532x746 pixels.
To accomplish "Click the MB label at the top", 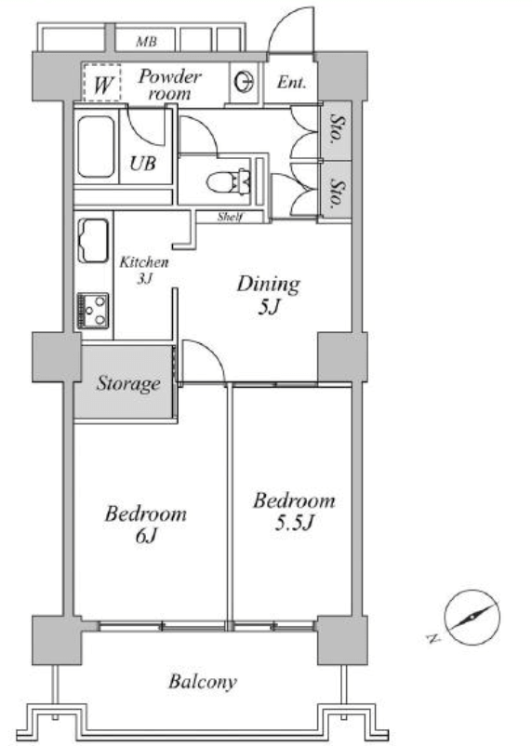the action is (x=146, y=41).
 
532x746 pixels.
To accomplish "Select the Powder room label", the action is (x=170, y=85).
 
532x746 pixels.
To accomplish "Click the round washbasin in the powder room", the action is (x=245, y=81).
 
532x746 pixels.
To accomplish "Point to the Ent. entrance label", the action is (x=291, y=82).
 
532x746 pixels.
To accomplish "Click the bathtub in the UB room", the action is (x=96, y=147).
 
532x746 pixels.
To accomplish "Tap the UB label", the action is (x=142, y=163).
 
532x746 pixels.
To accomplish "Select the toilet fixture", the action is (x=229, y=181).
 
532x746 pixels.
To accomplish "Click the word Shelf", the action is (x=231, y=217).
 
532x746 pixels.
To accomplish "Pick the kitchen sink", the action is (x=93, y=240).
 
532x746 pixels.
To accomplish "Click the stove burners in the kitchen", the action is (x=93, y=311).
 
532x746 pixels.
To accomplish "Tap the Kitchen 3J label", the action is (x=144, y=270).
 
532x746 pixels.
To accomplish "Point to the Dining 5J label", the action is (x=269, y=295).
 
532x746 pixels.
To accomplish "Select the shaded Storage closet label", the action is (x=128, y=383).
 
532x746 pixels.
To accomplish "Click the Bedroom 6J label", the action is (x=146, y=525).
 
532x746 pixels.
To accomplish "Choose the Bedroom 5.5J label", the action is (x=294, y=512).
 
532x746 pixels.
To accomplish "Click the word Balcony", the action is (x=203, y=682).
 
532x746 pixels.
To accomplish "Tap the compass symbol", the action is (x=472, y=617).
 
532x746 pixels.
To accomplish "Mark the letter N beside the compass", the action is (x=432, y=638).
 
